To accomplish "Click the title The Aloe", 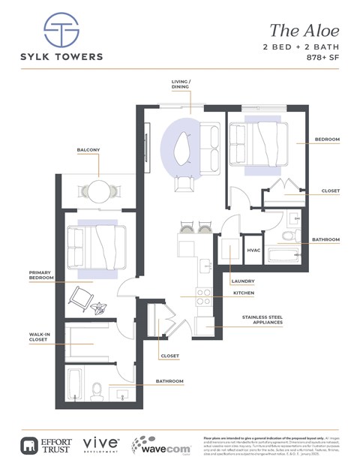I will (304, 31).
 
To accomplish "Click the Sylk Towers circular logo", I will (61, 31).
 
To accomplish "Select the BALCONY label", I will (88, 150).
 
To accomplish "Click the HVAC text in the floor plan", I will (253, 251).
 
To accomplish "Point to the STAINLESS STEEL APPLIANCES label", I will (262, 321).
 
